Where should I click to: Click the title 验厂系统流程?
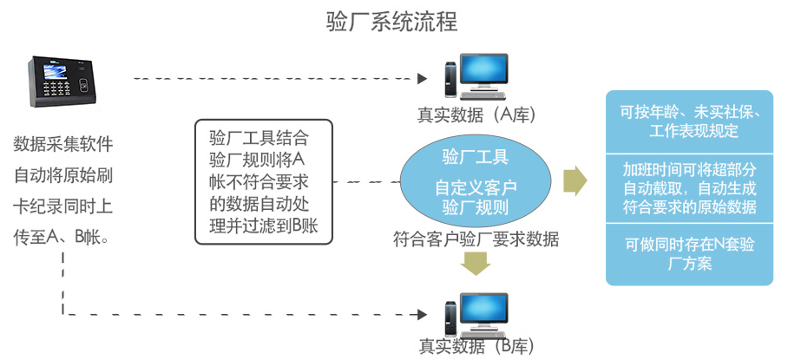392,21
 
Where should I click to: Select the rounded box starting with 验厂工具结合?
262,181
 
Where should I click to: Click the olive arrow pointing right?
575,180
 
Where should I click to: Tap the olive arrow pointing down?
475,262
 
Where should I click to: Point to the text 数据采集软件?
63,142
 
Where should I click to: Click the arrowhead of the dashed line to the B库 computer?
423,314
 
